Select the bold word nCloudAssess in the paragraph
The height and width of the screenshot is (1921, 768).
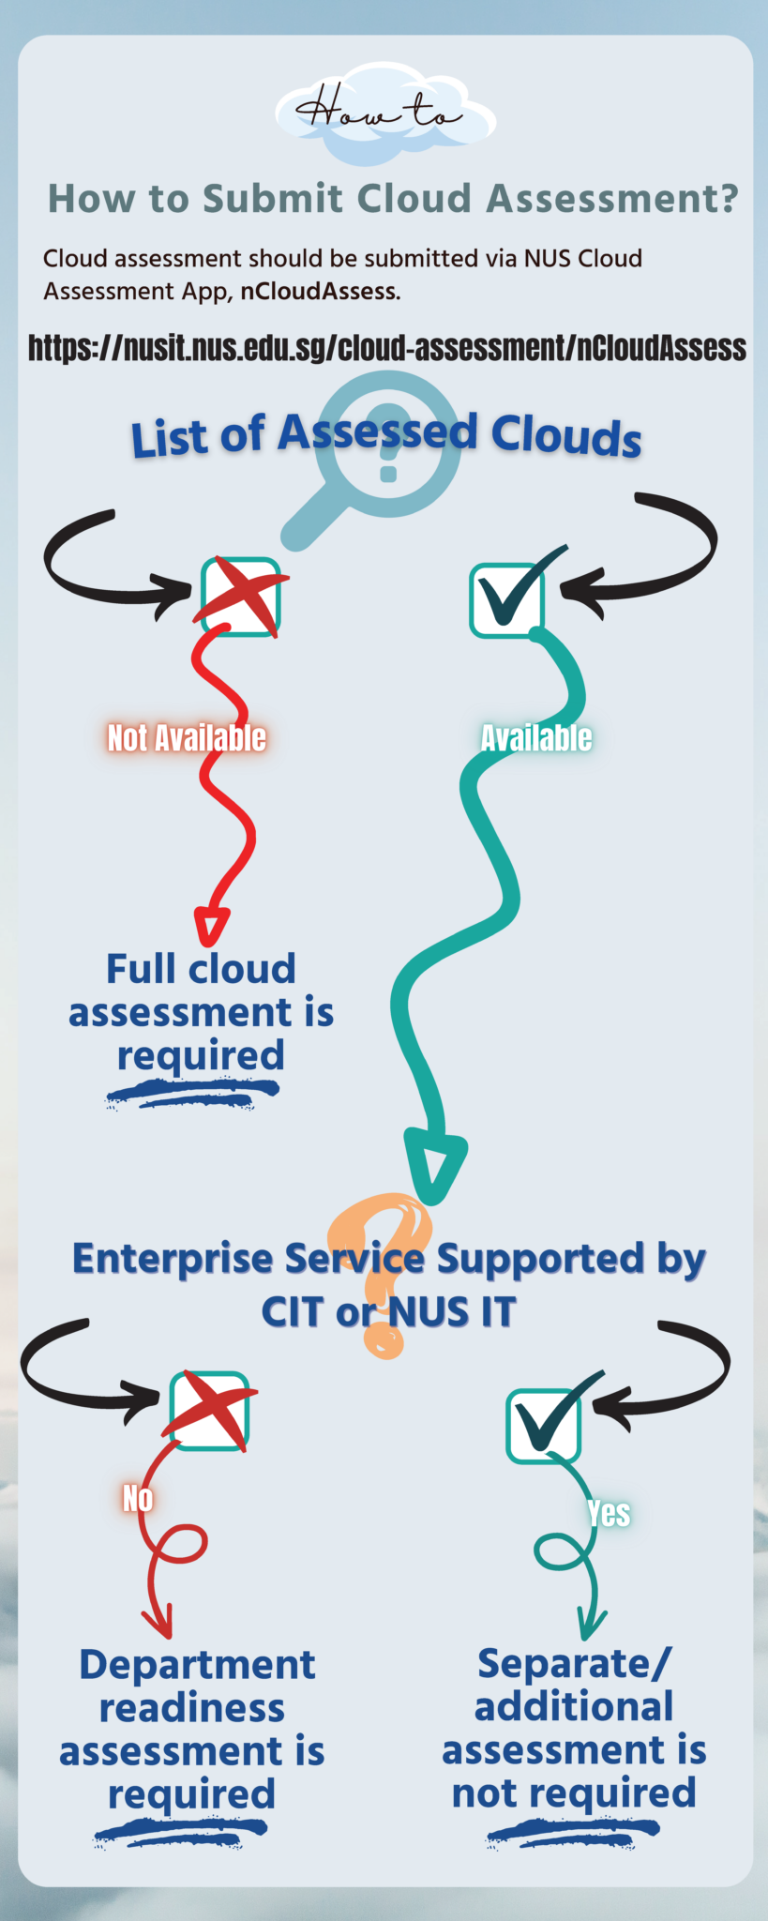coord(319,292)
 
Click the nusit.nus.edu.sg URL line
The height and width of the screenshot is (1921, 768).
coord(386,348)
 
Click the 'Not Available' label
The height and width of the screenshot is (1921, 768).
coord(187,738)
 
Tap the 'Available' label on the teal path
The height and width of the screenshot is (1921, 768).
coord(536,738)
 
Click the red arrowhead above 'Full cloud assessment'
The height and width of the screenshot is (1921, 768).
coord(211,926)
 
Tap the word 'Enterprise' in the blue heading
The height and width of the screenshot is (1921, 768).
coord(173,1259)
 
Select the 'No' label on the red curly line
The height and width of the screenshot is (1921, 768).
coord(138,1498)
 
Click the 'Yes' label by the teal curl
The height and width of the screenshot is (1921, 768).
coord(609,1513)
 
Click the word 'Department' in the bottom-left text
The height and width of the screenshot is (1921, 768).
coord(197,1665)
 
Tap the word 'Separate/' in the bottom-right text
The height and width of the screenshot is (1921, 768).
coord(574,1664)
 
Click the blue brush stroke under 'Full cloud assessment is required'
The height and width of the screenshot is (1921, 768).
coord(192,1093)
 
